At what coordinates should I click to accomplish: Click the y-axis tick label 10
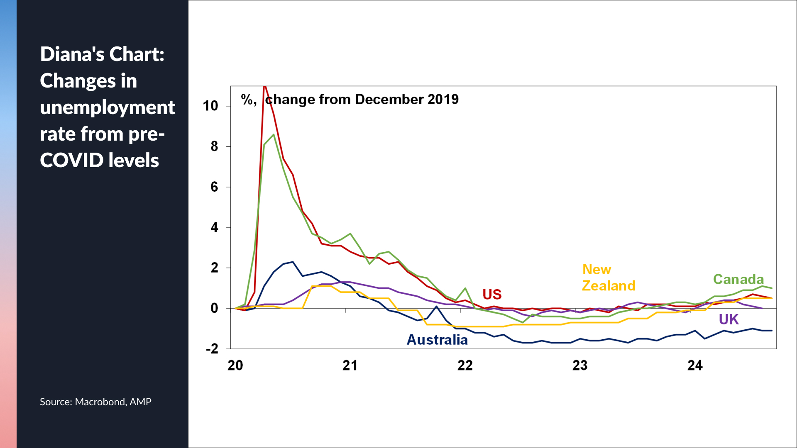(x=210, y=106)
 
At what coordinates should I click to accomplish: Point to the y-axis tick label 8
(x=214, y=146)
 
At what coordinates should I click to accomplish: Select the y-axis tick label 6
(x=214, y=187)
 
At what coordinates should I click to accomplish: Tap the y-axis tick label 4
(x=214, y=227)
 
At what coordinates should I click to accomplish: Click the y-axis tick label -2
(x=212, y=349)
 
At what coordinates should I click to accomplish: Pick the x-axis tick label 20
(x=235, y=365)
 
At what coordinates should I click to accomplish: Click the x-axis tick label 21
(x=350, y=365)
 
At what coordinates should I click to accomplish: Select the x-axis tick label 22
(x=465, y=365)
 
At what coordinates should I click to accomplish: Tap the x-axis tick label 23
(x=580, y=365)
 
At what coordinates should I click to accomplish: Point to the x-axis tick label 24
(x=695, y=365)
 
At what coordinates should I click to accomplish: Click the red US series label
(x=492, y=295)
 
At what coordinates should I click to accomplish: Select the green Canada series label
(x=738, y=280)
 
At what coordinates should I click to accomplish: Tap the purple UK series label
(x=729, y=319)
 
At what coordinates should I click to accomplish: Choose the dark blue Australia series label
(x=437, y=340)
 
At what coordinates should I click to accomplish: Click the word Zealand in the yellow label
(x=609, y=286)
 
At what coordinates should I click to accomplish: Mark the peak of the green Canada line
(x=273, y=134)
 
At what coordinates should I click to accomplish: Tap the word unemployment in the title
(x=108, y=107)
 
